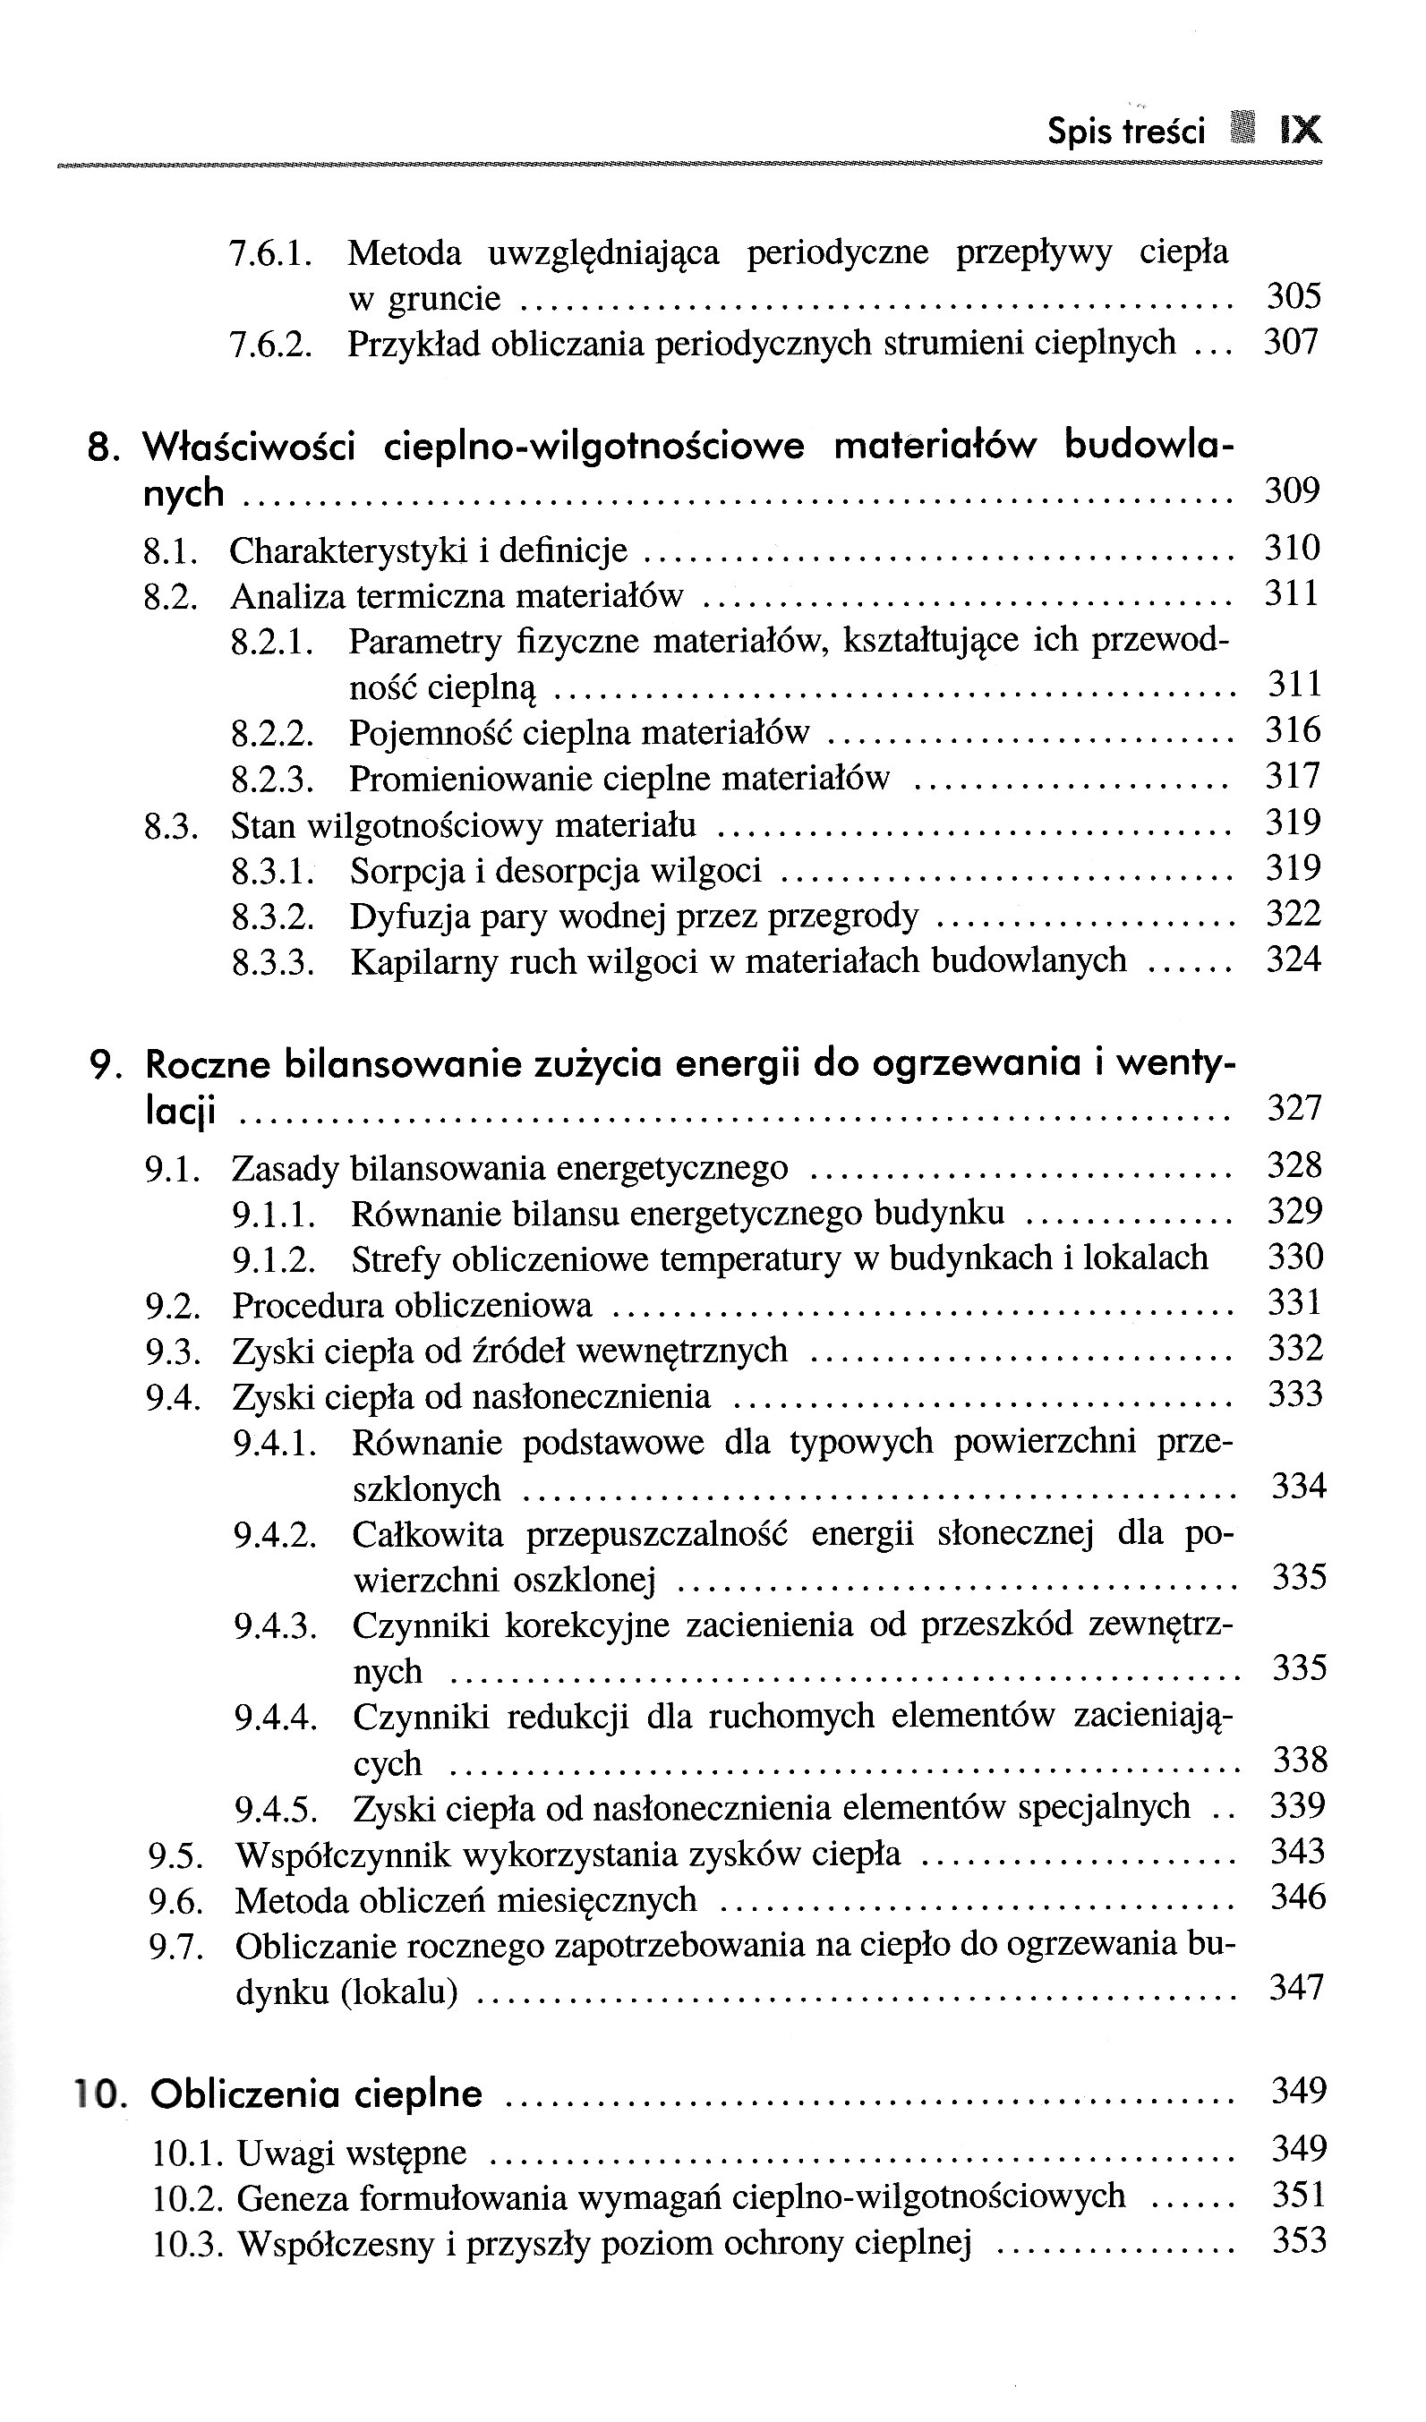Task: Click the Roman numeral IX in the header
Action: (1300, 130)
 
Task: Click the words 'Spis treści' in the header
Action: (1125, 131)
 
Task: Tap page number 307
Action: (1291, 342)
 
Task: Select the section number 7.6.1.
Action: (270, 253)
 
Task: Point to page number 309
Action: (1292, 491)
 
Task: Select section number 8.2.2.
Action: (273, 733)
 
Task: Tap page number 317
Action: (1293, 777)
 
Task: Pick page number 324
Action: (1294, 959)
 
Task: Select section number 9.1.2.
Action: (274, 1259)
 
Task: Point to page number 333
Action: (1295, 1394)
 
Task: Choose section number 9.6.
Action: (175, 1901)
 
